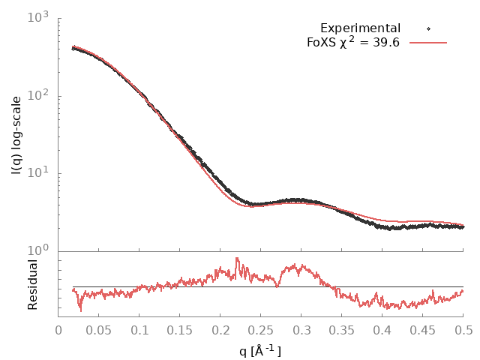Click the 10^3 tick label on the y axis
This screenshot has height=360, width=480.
(x=39, y=16)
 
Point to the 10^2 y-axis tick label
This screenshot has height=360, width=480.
(x=39, y=95)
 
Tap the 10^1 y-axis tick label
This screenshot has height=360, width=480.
(x=39, y=173)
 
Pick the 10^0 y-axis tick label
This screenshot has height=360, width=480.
(x=39, y=251)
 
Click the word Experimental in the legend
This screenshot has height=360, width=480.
(x=360, y=28)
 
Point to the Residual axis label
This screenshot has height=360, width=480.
(x=33, y=284)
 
